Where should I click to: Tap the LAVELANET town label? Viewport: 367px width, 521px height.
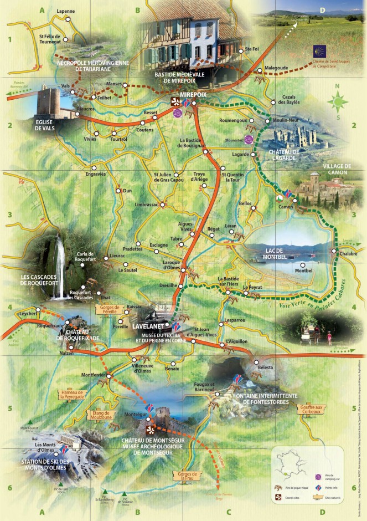click(x=148, y=327)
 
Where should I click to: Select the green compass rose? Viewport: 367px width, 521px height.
click(x=337, y=101)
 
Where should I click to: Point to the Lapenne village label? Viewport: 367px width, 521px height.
click(x=66, y=11)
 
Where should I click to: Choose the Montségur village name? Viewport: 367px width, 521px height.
click(x=135, y=413)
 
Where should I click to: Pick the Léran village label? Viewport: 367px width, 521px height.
click(x=231, y=226)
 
